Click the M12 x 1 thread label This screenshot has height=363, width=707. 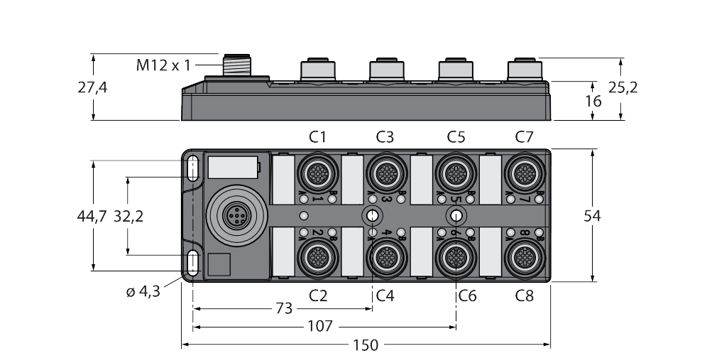163,65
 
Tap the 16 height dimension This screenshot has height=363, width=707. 593,101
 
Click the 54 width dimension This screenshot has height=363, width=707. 592,216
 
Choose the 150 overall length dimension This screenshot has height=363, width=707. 366,345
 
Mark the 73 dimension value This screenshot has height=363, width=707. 283,309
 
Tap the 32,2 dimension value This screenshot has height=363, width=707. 129,217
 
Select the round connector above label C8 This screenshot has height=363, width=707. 523,254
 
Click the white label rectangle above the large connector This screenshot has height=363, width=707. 231,168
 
